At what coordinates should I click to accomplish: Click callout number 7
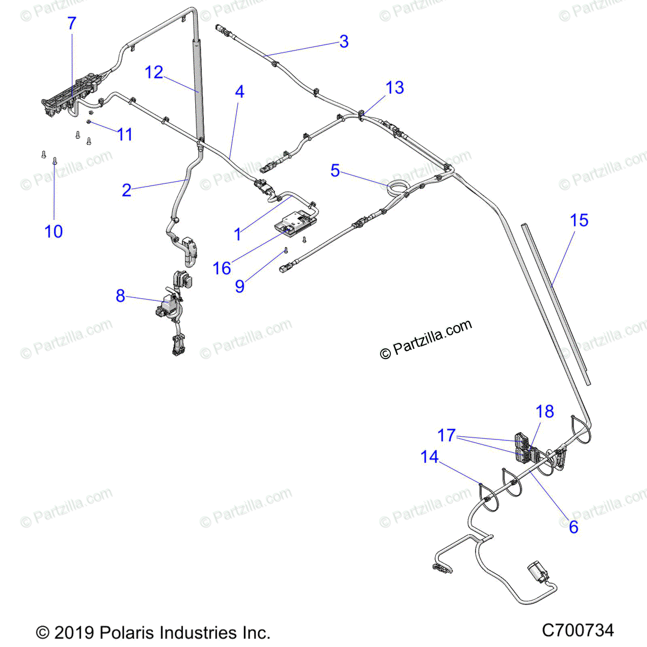pos(72,24)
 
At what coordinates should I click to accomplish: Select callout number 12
pos(154,72)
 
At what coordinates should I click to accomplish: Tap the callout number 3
pos(343,42)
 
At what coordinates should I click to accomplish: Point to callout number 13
pos(395,87)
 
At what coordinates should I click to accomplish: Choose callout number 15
pos(579,220)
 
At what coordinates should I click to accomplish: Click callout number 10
pos(53,231)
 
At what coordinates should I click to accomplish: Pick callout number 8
pos(120,295)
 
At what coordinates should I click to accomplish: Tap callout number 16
pos(222,268)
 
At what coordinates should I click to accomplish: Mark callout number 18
pos(545,411)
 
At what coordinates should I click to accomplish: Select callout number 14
pos(429,457)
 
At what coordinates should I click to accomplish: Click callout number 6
pos(573,526)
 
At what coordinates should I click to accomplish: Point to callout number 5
pos(335,170)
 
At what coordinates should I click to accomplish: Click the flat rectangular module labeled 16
pos(295,223)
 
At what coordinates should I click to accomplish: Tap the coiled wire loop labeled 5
pos(398,187)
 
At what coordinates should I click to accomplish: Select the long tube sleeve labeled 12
pos(197,86)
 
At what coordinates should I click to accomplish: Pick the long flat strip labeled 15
pos(555,297)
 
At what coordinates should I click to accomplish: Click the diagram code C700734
pos(577,630)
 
